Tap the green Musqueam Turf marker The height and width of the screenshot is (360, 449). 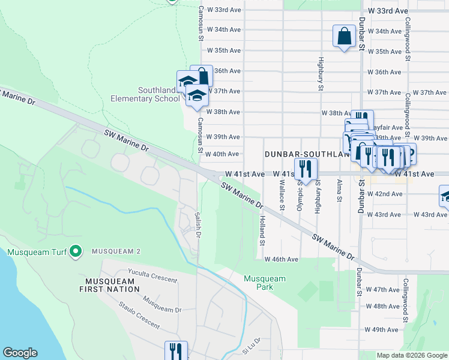tap(76, 251)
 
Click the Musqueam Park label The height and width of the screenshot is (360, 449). tap(265, 283)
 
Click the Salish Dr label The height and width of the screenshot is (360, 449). tap(197, 224)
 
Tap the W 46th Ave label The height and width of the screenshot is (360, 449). tap(281, 259)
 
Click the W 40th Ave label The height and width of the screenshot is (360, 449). tap(222, 154)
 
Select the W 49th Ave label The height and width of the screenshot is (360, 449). tap(382, 329)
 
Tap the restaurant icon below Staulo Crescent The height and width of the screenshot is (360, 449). tap(176, 350)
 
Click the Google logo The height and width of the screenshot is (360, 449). tap(20, 353)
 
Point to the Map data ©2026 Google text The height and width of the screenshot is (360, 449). tap(412, 355)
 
